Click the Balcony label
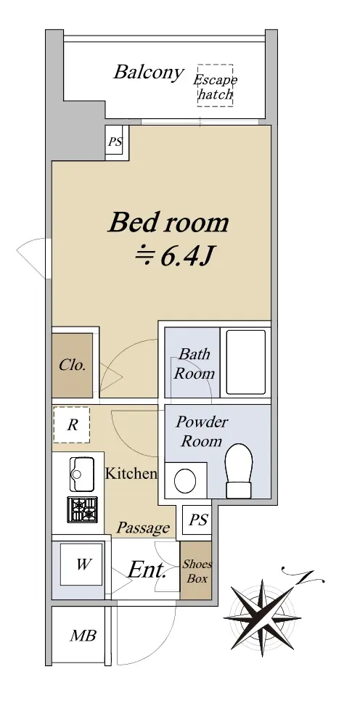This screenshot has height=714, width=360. click(x=149, y=73)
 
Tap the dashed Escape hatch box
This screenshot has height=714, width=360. click(x=215, y=86)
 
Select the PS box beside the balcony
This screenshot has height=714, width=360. click(x=117, y=142)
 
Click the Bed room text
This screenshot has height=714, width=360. click(x=168, y=223)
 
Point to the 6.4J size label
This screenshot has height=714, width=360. click(x=173, y=258)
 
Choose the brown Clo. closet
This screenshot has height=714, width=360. click(x=72, y=365)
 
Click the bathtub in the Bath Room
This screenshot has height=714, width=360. click(x=246, y=362)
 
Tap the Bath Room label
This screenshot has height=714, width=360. click(x=195, y=364)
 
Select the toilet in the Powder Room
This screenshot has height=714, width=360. click(x=240, y=471)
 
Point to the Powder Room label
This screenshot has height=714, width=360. click(x=202, y=431)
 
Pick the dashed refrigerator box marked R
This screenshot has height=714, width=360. click(x=72, y=425)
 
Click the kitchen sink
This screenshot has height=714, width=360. click(x=82, y=474)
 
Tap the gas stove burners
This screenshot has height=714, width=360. click(x=83, y=509)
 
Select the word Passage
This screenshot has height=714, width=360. click(x=143, y=528)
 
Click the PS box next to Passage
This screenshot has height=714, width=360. click(x=198, y=520)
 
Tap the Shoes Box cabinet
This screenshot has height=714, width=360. click(x=196, y=570)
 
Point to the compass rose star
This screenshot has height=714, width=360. click(x=263, y=618)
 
